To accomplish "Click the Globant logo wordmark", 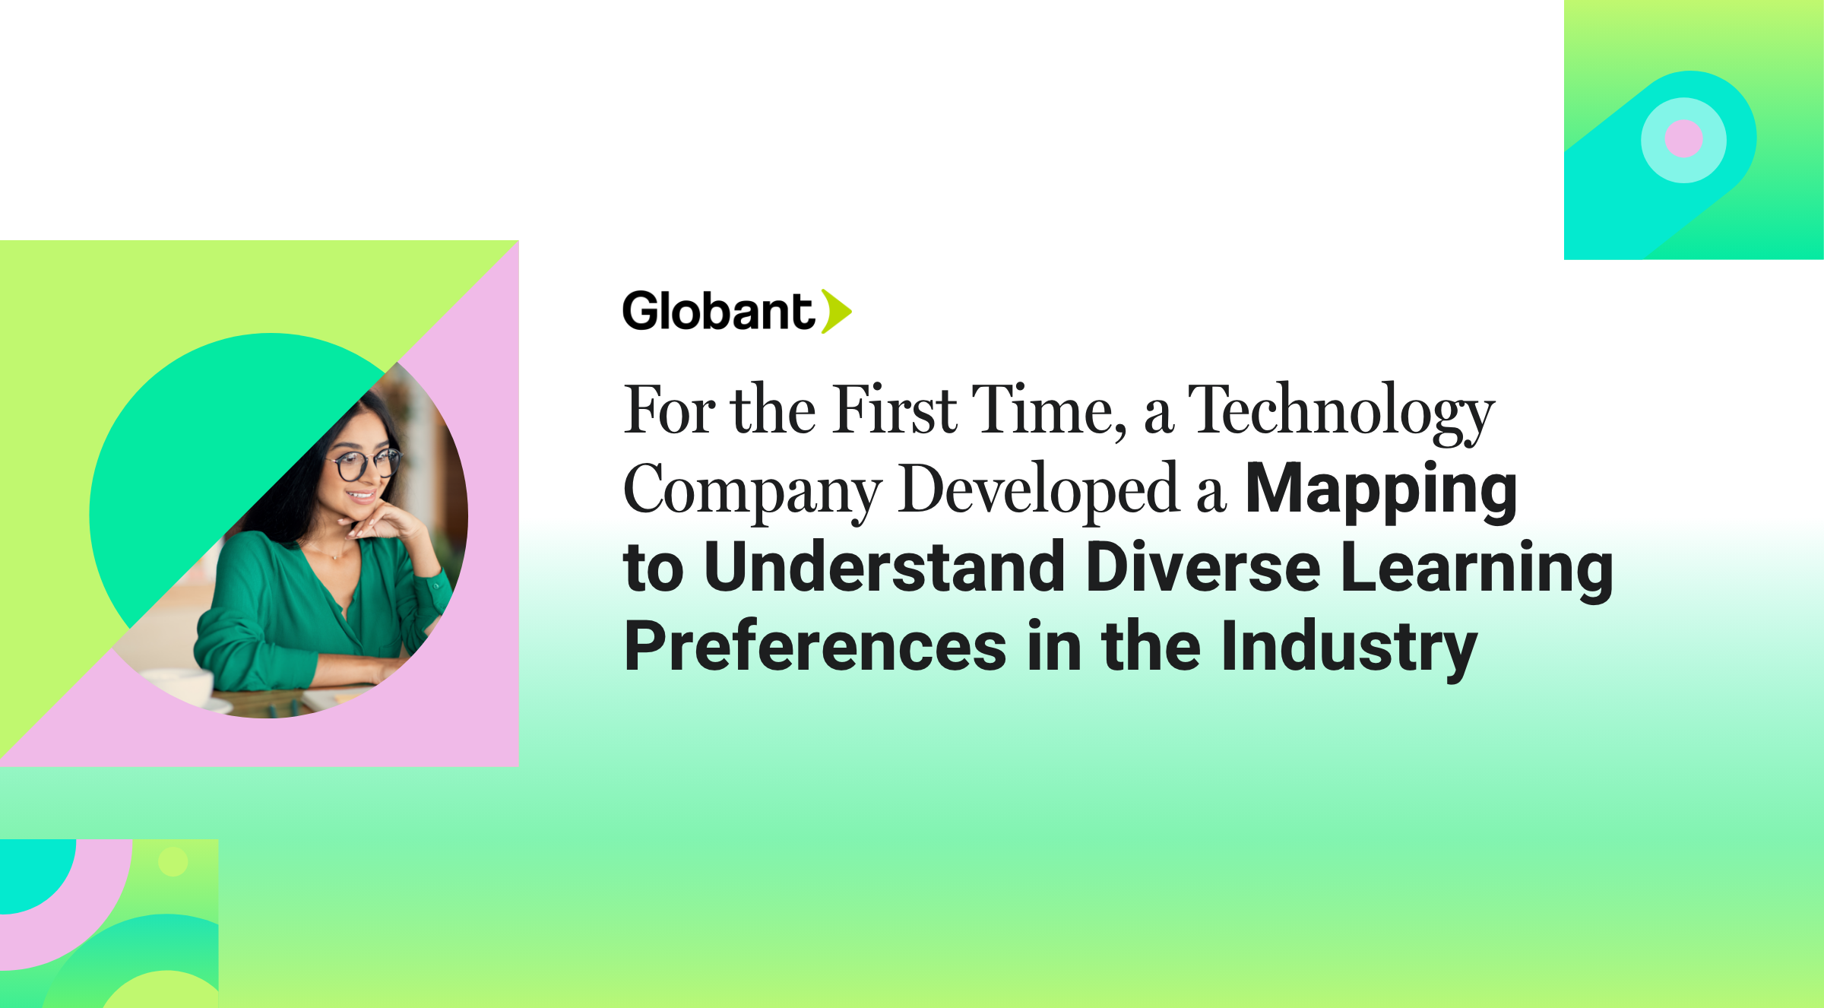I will click(718, 312).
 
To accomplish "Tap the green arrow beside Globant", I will click(836, 312).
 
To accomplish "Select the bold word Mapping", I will click(1381, 490).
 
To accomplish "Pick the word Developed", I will click(1038, 490).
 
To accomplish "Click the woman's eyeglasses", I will click(363, 465).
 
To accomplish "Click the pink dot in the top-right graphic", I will click(1683, 139).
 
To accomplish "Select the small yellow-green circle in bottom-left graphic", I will click(173, 862).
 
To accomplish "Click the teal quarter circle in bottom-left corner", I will click(30, 870).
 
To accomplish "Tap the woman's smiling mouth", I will click(362, 496).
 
